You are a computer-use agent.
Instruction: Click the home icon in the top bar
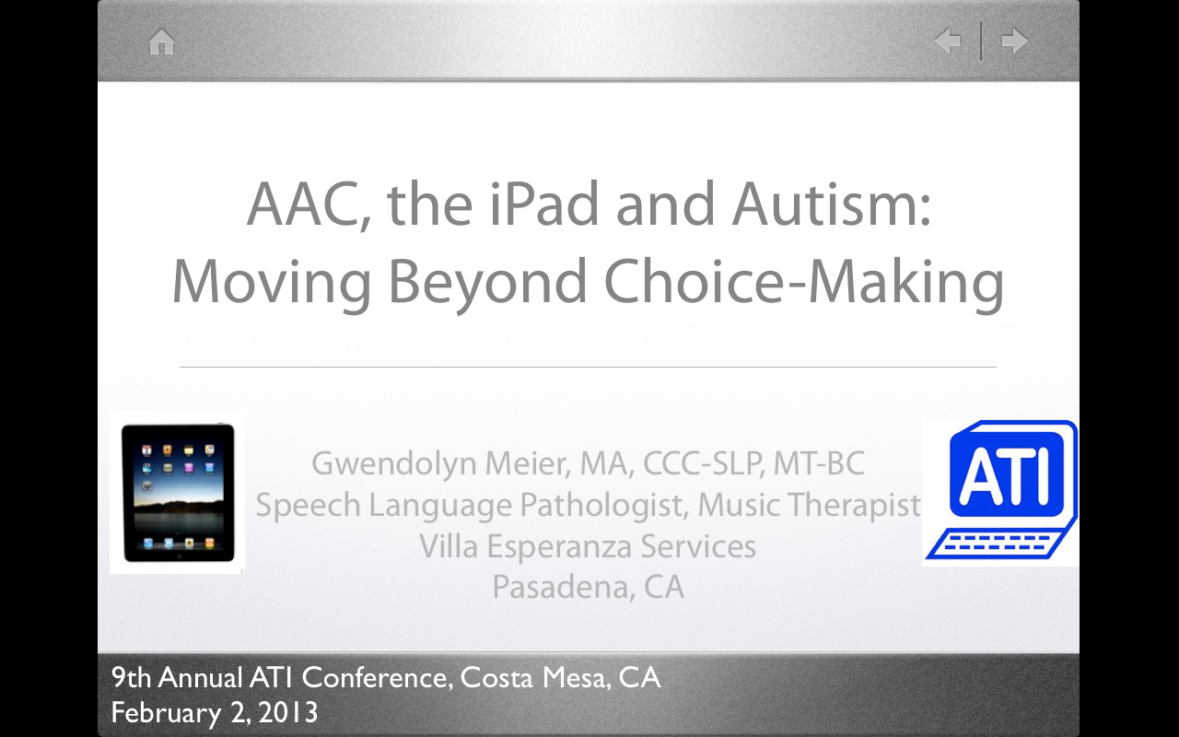(161, 42)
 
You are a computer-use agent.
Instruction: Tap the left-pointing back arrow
(947, 41)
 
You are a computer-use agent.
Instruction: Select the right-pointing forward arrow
(1014, 41)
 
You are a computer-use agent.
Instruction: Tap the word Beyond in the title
(486, 282)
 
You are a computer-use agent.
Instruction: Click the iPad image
(177, 493)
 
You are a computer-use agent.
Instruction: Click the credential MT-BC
(819, 463)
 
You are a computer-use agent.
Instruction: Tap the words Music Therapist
(809, 505)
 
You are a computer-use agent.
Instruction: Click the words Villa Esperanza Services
(588, 546)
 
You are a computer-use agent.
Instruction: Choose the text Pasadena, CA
(588, 587)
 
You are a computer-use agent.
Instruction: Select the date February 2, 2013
(214, 712)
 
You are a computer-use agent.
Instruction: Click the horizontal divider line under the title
(588, 367)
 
